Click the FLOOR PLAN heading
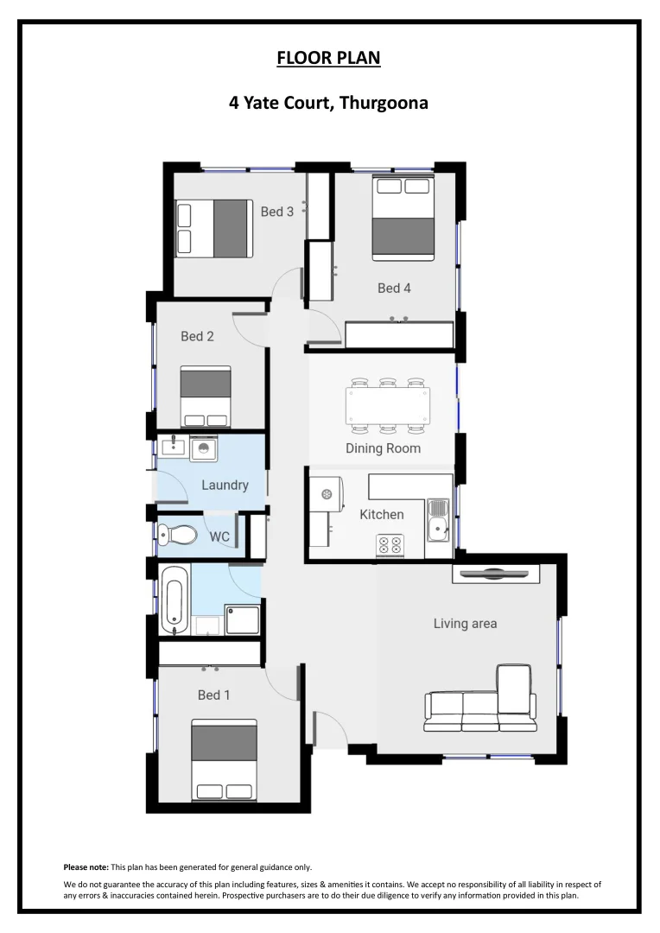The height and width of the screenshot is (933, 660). point(328,59)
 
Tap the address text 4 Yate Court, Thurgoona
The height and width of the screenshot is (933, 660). point(328,103)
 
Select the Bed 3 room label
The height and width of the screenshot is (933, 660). point(277,212)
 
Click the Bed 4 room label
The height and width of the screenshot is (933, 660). point(394,288)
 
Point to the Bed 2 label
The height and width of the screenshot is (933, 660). point(197,336)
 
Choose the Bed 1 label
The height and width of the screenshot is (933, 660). point(213,695)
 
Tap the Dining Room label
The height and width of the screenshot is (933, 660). point(383,448)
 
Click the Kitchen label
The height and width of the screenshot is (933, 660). point(381,514)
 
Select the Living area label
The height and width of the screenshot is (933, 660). point(465,623)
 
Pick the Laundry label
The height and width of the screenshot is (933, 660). point(225,486)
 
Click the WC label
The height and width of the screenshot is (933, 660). point(219,536)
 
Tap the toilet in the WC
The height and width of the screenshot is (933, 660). point(178,535)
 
